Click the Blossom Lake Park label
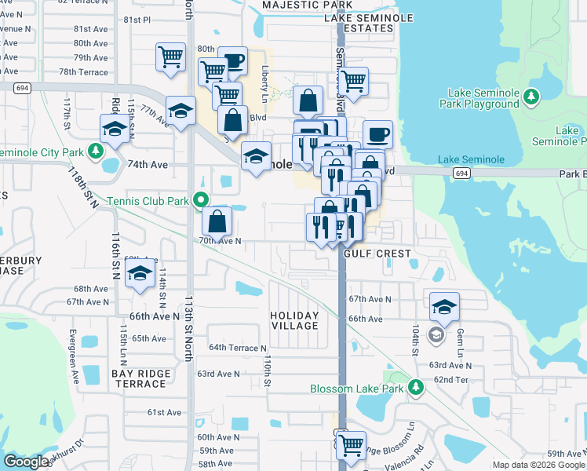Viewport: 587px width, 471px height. pos(356,389)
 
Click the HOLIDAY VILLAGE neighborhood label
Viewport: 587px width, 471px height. pos(294,320)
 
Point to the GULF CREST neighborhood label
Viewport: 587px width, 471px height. pos(377,254)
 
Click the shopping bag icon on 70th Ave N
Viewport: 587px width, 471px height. pos(217,222)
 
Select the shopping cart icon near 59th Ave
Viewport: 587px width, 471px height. pos(351,444)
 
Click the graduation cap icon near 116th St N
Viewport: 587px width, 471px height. pos(140,276)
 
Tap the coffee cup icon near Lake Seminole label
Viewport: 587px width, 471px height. pos(377,134)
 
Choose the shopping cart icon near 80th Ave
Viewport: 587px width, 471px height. pos(171,57)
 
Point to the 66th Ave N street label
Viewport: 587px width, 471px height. pos(155,316)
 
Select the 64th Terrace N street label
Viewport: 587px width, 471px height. pos(238,348)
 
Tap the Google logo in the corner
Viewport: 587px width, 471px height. pos(27,462)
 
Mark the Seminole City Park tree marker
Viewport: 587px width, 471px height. pos(97,150)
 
